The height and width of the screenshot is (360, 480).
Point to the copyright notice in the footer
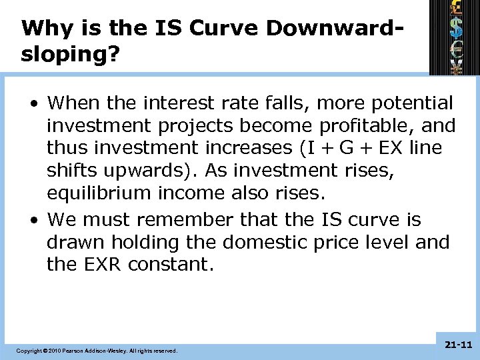click(x=97, y=350)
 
